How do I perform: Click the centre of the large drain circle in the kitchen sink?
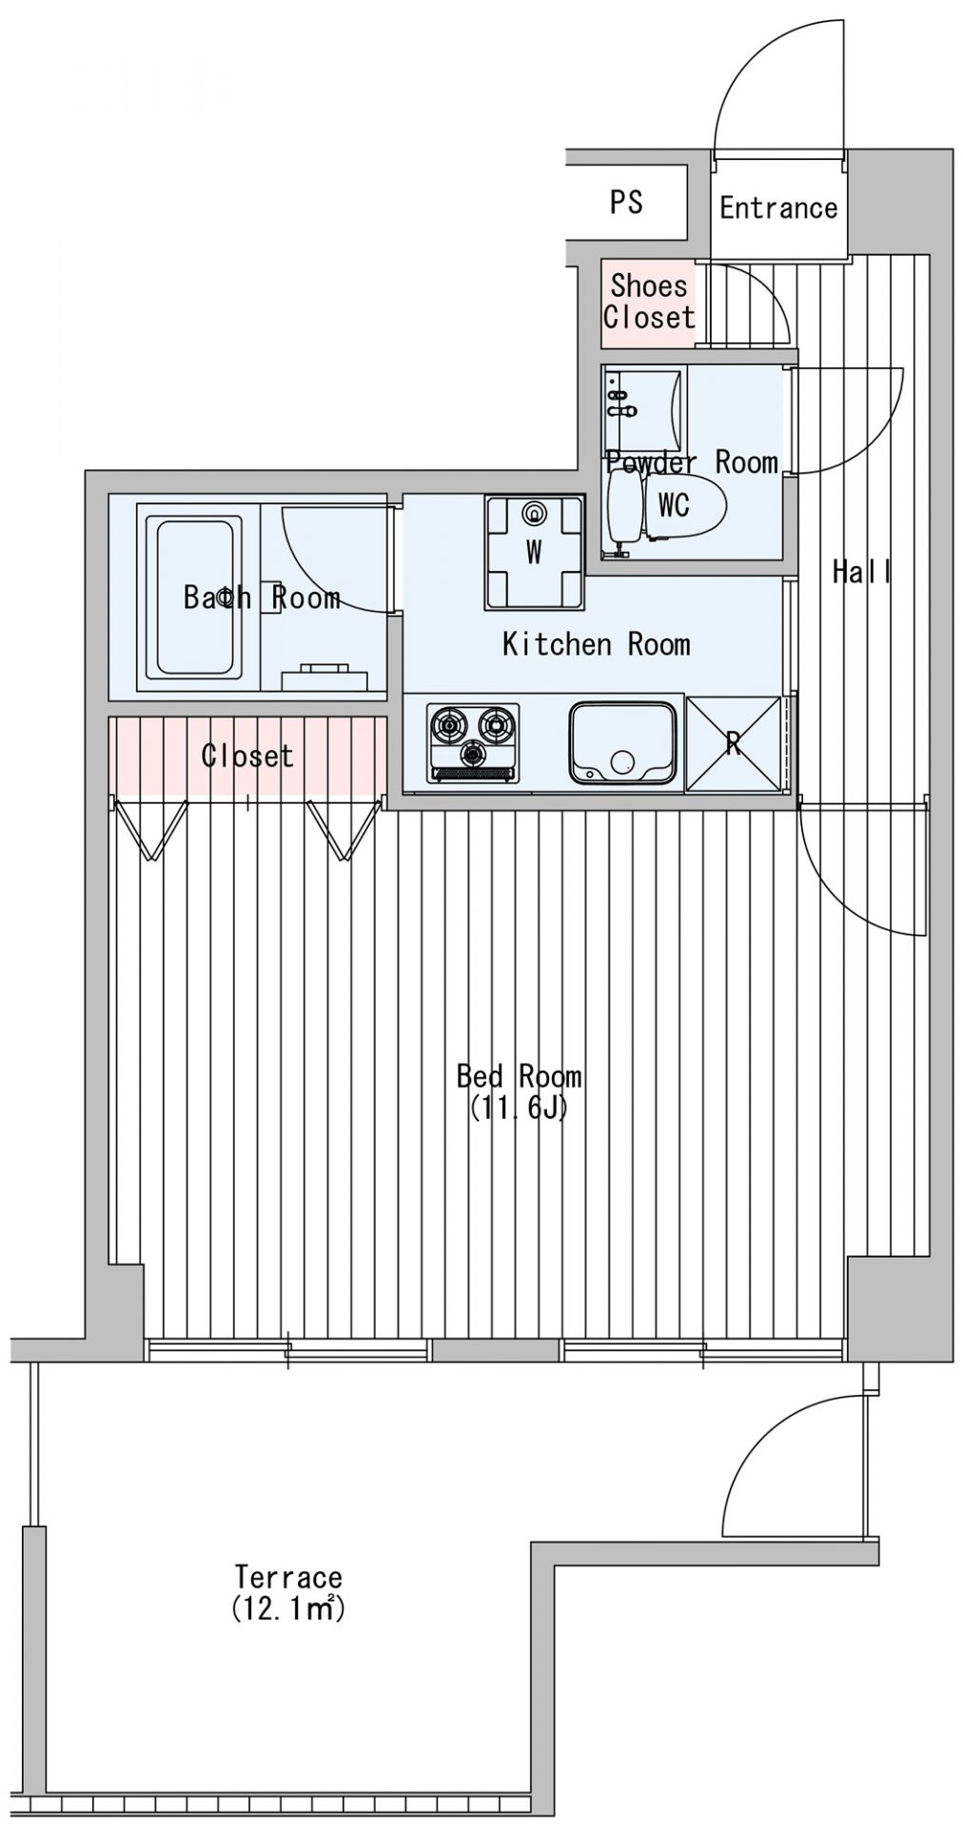click(x=622, y=762)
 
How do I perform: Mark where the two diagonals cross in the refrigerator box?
click(x=733, y=743)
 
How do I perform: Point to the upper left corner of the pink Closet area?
click(x=108, y=717)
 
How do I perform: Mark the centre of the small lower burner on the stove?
click(x=472, y=756)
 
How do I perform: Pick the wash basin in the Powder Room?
click(x=643, y=410)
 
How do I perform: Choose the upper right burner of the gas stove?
click(x=497, y=725)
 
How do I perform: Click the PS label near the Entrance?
click(x=626, y=202)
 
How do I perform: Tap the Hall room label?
click(x=861, y=572)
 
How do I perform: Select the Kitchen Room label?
click(x=596, y=644)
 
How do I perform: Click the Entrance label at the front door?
click(x=778, y=207)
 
